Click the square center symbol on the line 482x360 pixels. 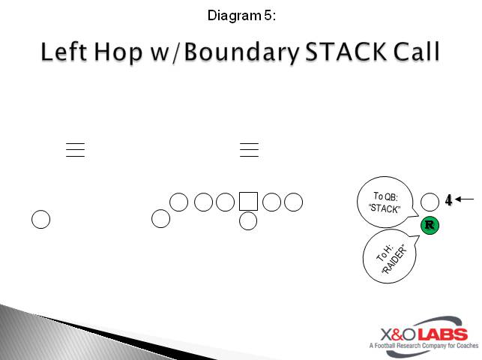pyautogui.click(x=248, y=201)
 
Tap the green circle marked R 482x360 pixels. pyautogui.click(x=430, y=224)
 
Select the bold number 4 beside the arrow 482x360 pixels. pyautogui.click(x=448, y=200)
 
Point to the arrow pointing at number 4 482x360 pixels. pyautogui.click(x=465, y=199)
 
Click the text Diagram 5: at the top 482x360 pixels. pyautogui.click(x=241, y=14)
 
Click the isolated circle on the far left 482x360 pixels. pyautogui.click(x=40, y=220)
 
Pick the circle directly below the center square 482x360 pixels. pyautogui.click(x=248, y=221)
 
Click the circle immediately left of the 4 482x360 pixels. pyautogui.click(x=430, y=201)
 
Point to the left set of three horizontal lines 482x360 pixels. pyautogui.click(x=75, y=149)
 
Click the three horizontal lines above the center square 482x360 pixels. pyautogui.click(x=249, y=149)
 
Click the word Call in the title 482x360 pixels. pyautogui.click(x=415, y=54)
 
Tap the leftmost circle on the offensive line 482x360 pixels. pyautogui.click(x=179, y=202)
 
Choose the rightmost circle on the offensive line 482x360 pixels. pyautogui.click(x=293, y=202)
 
